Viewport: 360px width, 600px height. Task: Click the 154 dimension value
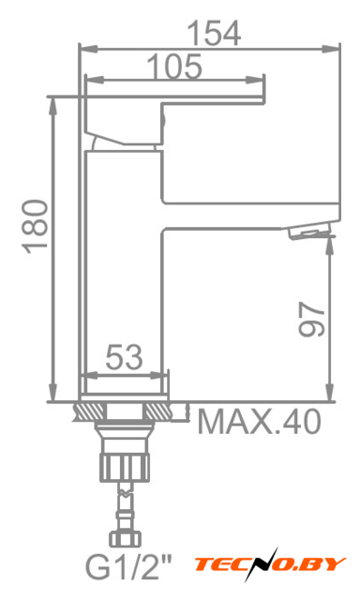click(215, 34)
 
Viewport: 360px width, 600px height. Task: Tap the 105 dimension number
click(174, 67)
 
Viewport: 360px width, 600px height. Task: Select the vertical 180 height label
click(37, 227)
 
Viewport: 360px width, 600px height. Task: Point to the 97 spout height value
click(311, 319)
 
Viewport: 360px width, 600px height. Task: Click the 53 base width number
click(124, 357)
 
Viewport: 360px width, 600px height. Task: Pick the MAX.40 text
click(259, 421)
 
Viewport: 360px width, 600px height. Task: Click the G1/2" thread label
click(128, 568)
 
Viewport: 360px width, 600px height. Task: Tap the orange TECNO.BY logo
click(270, 564)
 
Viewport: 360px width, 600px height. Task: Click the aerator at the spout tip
click(308, 232)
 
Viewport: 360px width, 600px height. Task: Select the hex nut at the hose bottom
click(125, 538)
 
